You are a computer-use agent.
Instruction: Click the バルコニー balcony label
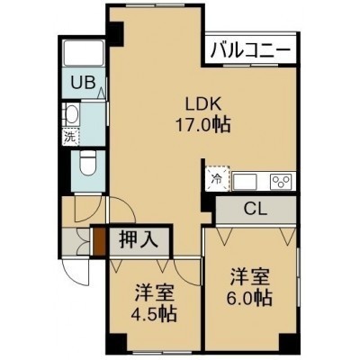(x=251, y=50)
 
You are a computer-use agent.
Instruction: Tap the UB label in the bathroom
(x=84, y=82)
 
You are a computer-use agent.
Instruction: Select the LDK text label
(x=203, y=105)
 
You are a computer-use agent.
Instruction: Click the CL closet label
(x=256, y=209)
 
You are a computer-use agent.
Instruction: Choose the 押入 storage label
(x=139, y=240)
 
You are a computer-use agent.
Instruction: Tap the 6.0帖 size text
(x=249, y=298)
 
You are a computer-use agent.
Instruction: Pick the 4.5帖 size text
(x=154, y=313)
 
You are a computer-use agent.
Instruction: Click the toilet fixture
(x=88, y=163)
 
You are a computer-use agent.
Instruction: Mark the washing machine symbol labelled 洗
(x=70, y=137)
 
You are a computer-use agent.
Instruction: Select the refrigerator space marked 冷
(x=218, y=178)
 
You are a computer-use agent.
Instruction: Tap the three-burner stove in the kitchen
(x=281, y=182)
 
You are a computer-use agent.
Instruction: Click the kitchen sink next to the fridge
(x=245, y=182)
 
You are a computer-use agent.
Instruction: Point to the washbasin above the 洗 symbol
(x=71, y=114)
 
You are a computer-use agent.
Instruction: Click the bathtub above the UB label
(x=84, y=53)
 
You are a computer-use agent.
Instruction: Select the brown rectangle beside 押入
(x=99, y=242)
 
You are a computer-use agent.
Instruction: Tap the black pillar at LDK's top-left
(x=116, y=33)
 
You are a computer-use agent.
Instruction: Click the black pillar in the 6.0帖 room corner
(x=289, y=342)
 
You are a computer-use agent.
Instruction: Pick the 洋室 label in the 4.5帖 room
(x=154, y=292)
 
